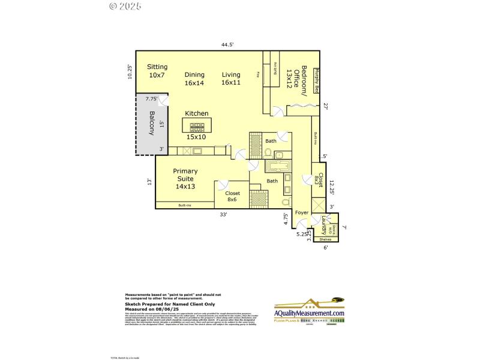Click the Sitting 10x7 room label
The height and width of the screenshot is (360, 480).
click(158, 71)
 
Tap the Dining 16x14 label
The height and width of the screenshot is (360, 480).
click(194, 79)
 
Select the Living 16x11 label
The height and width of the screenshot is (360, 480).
click(231, 79)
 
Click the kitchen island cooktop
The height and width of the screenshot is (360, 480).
click(197, 127)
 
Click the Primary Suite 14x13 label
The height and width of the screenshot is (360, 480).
click(185, 179)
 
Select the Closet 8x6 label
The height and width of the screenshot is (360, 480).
click(233, 196)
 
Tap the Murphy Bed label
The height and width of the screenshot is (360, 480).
click(316, 81)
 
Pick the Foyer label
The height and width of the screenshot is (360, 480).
click(301, 212)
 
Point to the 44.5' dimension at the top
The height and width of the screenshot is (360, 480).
click(227, 44)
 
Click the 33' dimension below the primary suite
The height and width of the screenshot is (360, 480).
click(223, 214)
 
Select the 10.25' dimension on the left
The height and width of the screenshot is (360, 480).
click(129, 72)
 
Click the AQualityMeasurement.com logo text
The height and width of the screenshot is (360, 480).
click(309, 313)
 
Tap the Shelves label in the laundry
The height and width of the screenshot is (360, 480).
click(325, 239)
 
